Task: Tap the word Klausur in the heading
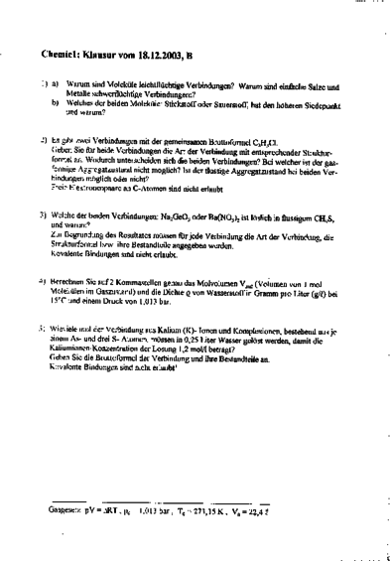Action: [x=111, y=56]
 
